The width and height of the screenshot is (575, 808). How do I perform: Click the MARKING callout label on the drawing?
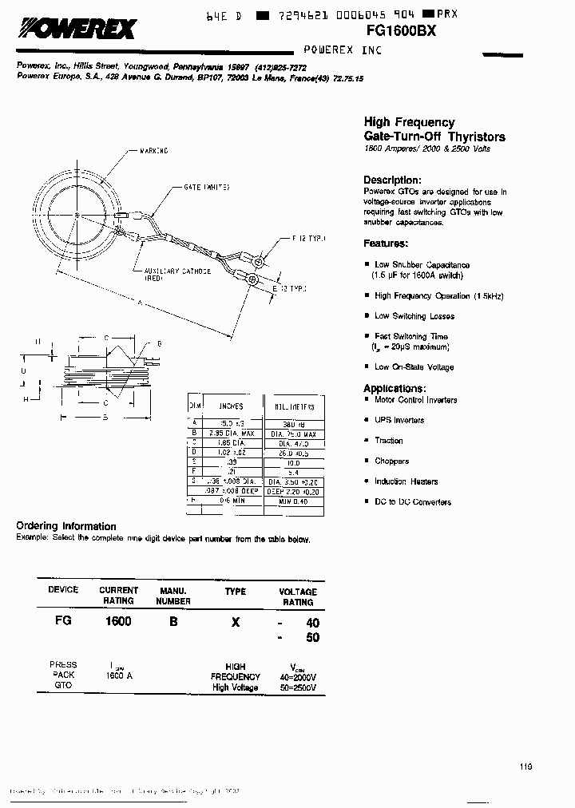pyautogui.click(x=153, y=150)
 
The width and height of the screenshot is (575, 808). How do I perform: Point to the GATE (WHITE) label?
pyautogui.click(x=207, y=187)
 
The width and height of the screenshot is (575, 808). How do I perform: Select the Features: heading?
pyautogui.click(x=386, y=244)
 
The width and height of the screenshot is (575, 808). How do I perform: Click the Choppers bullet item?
pyautogui.click(x=391, y=461)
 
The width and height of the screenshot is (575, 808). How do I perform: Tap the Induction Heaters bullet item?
pyautogui.click(x=406, y=481)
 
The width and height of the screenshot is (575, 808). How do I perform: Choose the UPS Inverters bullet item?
pyautogui.click(x=399, y=420)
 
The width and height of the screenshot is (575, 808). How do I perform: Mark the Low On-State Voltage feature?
pyautogui.click(x=414, y=367)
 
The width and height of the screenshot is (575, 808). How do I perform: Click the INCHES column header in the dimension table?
pyautogui.click(x=231, y=406)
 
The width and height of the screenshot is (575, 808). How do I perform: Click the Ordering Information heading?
pyautogui.click(x=66, y=526)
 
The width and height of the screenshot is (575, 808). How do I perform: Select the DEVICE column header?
pyautogui.click(x=63, y=590)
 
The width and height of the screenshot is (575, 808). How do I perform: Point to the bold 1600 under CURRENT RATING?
pyautogui.click(x=118, y=620)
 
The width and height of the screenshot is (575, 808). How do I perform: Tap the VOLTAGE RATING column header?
pyautogui.click(x=297, y=596)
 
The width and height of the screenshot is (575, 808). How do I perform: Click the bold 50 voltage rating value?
pyautogui.click(x=313, y=637)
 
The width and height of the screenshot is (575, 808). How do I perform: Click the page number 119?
pyautogui.click(x=525, y=766)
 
